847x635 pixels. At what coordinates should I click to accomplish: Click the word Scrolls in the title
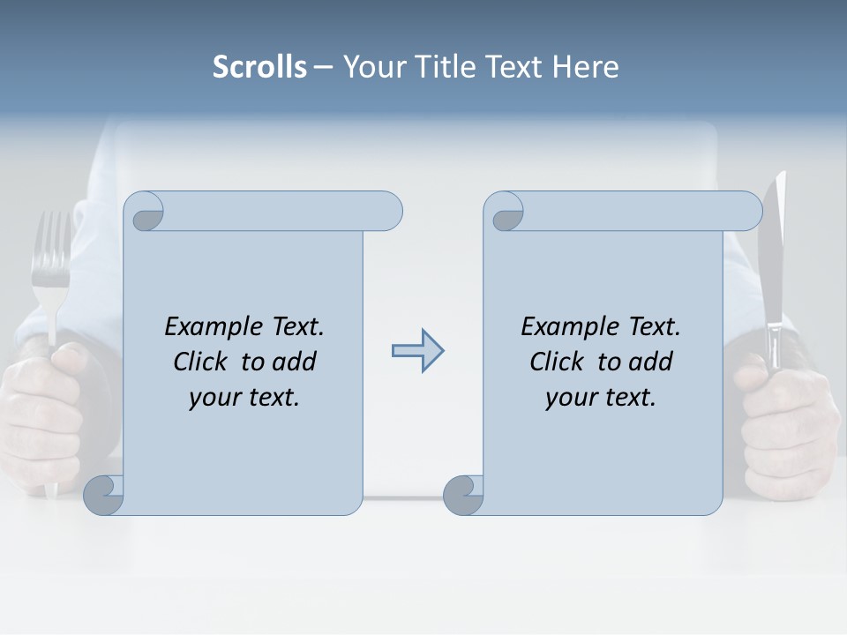(259, 67)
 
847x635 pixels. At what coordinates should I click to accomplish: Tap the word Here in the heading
(586, 67)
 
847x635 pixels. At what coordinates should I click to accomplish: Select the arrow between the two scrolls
(417, 351)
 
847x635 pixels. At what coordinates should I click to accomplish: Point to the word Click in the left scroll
(202, 362)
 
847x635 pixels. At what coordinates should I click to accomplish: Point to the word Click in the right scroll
(558, 362)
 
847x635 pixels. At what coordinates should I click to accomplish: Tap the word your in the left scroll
(214, 398)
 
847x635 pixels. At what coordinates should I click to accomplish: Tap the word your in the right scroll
(571, 398)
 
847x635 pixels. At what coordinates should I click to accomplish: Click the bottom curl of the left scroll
(104, 494)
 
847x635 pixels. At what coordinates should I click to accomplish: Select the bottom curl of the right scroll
(462, 494)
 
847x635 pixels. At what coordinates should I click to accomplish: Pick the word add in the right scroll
(651, 362)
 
